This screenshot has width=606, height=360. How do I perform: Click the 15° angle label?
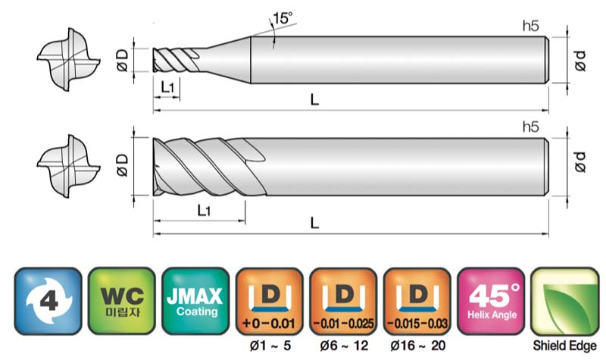[283, 17]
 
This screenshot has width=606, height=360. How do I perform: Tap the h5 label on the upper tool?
[530, 26]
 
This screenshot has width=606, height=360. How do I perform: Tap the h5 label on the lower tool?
[530, 127]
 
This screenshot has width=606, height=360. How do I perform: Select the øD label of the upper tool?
[122, 60]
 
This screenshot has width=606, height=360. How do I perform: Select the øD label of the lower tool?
[122, 165]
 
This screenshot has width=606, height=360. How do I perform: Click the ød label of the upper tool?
[580, 61]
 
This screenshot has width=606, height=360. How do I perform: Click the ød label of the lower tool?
[580, 161]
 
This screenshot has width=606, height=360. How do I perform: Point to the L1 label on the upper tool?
[167, 88]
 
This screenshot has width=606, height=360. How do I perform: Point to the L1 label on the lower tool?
[204, 211]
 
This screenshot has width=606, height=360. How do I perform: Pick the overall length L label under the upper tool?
[314, 100]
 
